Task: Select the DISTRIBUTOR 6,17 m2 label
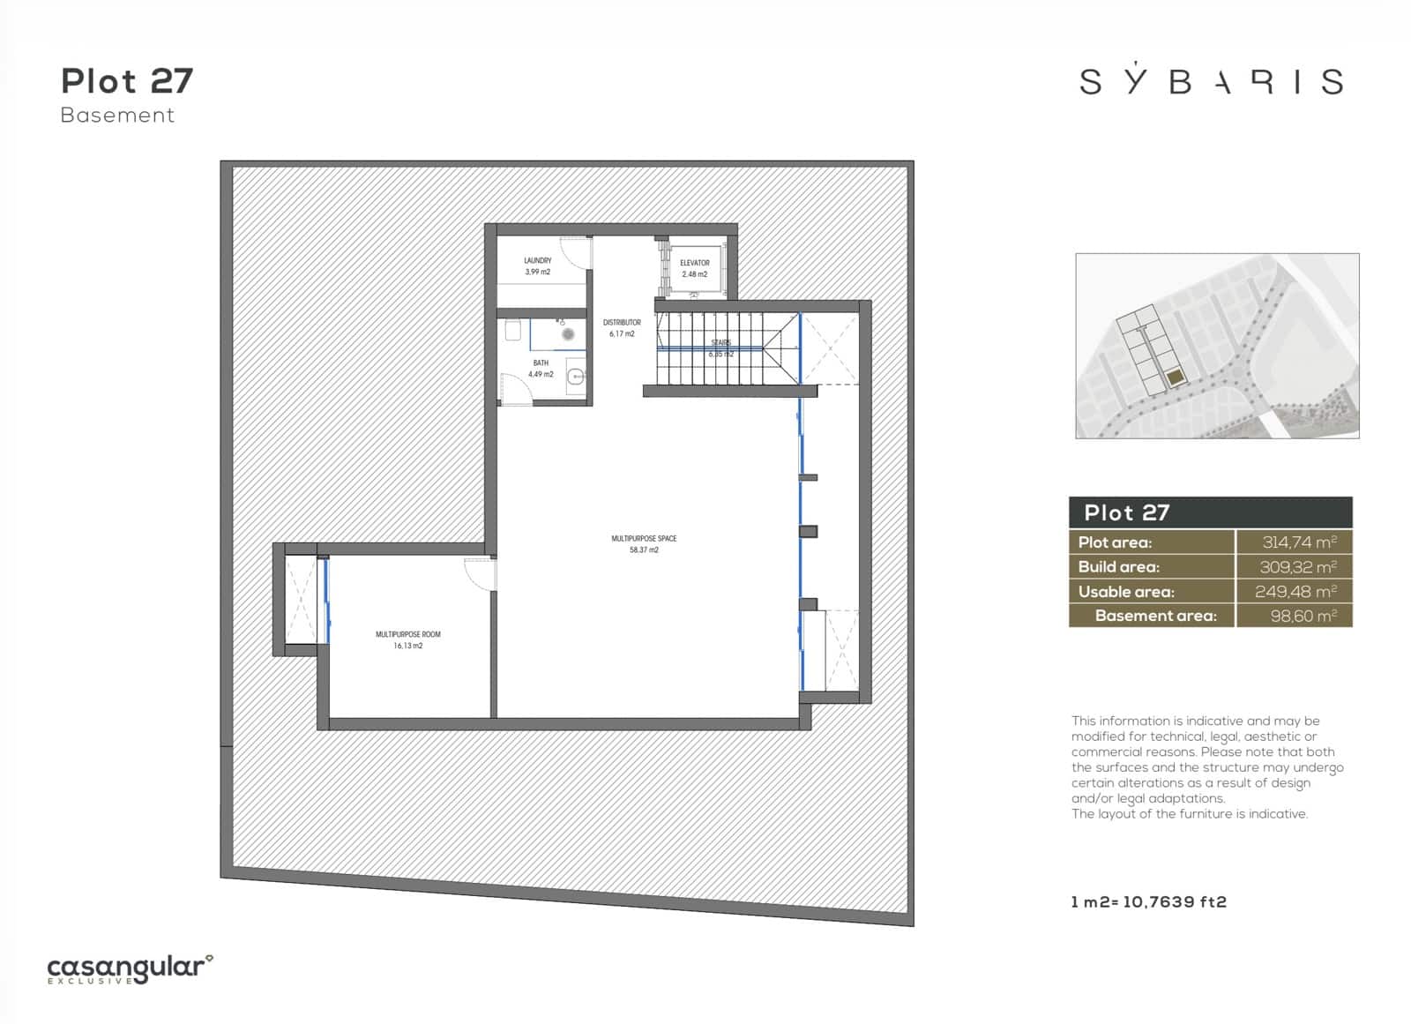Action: point(622,328)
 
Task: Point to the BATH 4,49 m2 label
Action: point(541,369)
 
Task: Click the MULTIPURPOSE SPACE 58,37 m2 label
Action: point(644,543)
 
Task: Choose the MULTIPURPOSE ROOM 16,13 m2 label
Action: point(407,639)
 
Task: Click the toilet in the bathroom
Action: point(513,331)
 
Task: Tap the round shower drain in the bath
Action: point(568,334)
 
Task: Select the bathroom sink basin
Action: point(576,377)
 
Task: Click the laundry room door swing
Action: point(575,253)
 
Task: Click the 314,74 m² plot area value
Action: point(1298,542)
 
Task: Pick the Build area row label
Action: point(1118,567)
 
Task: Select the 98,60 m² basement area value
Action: point(1303,616)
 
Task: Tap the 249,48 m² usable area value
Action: point(1295,592)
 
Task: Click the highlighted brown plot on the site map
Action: point(1176,378)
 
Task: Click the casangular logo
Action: point(130,969)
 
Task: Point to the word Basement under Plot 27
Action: point(117,115)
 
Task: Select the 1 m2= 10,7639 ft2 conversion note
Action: point(1148,901)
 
